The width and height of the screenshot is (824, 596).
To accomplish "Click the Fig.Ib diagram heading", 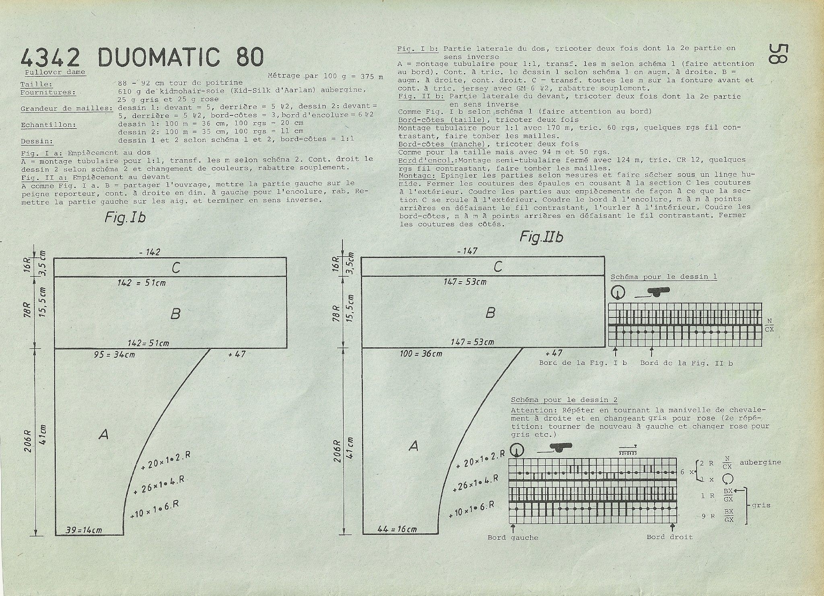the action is coord(125,217).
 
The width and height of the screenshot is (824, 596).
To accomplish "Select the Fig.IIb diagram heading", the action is coord(541,237).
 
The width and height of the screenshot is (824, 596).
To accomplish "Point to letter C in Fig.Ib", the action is coord(175,268).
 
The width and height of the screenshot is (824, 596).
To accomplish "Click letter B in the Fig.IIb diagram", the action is coord(490,312).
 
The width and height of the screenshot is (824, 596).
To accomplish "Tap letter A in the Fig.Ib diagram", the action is coord(103,434).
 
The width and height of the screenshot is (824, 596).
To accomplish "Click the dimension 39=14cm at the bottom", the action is coord(84,530).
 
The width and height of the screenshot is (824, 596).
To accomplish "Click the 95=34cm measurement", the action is coord(115,355).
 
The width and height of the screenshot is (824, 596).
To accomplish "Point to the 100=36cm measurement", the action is coord(421,354).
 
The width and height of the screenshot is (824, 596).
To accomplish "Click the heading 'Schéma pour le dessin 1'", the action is coord(664,277).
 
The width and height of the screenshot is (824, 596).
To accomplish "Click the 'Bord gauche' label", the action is coord(513,537).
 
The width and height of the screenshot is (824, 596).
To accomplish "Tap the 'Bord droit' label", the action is coord(670,537).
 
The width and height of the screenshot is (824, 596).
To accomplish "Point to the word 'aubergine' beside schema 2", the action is coord(760,462).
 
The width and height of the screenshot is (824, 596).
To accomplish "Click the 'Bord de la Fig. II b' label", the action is coord(686,363).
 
